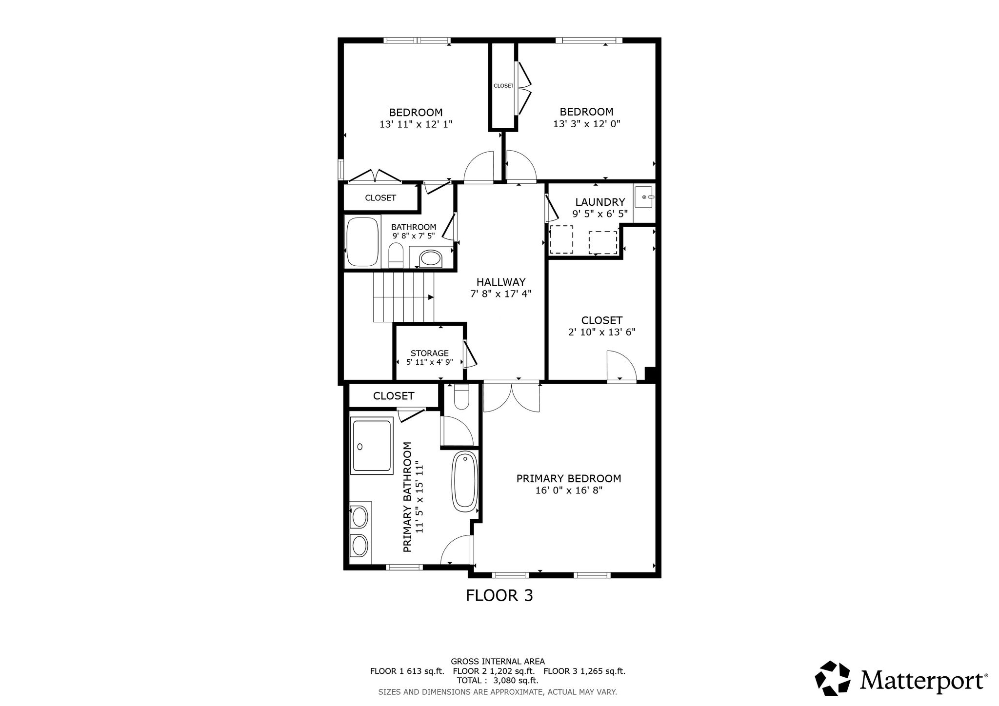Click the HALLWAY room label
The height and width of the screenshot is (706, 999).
click(x=500, y=282)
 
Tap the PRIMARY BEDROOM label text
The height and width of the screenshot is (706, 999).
click(x=569, y=478)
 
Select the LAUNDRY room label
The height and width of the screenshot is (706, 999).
click(x=600, y=202)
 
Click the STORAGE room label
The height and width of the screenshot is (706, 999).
click(x=429, y=353)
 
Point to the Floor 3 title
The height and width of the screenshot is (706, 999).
click(x=499, y=595)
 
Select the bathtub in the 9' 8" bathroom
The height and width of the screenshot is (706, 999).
click(x=362, y=242)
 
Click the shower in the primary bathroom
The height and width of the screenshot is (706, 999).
click(x=372, y=445)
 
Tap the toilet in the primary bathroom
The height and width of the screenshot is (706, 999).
click(x=461, y=396)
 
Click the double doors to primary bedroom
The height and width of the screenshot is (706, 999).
click(x=512, y=398)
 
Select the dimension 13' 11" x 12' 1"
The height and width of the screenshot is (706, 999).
click(x=416, y=124)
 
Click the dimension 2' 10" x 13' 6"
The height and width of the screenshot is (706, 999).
click(x=602, y=332)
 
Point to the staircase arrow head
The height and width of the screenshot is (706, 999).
click(x=431, y=297)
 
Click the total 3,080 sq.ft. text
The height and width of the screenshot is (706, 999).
click(x=498, y=680)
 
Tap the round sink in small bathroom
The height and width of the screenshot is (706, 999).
click(x=430, y=258)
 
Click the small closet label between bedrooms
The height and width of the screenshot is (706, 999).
click(x=503, y=86)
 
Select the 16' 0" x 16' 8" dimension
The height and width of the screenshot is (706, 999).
click(x=569, y=490)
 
